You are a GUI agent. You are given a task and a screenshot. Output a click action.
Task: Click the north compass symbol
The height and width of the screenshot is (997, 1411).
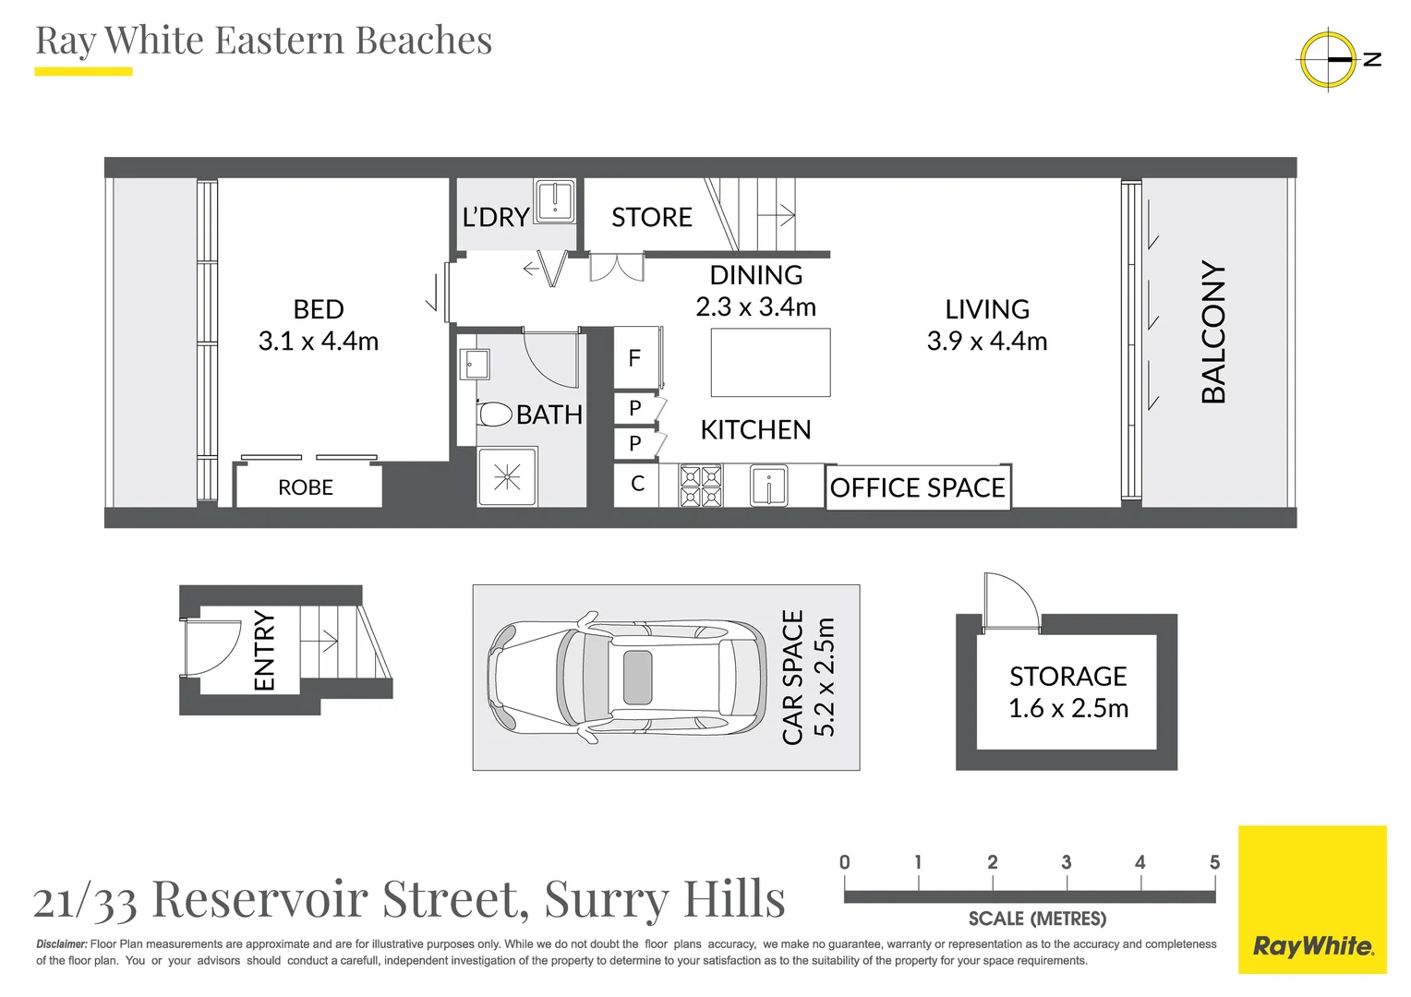point(1328,59)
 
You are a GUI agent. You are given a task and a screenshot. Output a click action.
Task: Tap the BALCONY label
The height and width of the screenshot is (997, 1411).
point(1213,332)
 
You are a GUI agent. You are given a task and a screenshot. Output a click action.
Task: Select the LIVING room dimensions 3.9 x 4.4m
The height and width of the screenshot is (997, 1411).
point(987,342)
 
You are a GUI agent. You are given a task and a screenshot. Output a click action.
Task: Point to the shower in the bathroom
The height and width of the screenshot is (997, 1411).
point(507,477)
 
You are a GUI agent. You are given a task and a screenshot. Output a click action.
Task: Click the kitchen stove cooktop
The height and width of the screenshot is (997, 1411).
point(701,486)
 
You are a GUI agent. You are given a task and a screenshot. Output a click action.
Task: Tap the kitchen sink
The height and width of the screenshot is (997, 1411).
point(768,486)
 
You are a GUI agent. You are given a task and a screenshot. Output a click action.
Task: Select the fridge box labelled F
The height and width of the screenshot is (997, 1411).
point(635,358)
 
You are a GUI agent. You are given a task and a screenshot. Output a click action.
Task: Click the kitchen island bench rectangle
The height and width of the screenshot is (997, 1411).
point(770,362)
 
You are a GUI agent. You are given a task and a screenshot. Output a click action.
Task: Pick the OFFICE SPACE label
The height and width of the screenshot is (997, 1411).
point(917,487)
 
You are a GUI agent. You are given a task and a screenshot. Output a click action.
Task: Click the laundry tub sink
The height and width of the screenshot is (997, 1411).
point(556,200)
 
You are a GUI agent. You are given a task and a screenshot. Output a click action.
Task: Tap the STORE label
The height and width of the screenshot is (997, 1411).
point(652,218)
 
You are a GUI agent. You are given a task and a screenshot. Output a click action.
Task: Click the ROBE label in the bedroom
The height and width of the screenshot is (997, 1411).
point(306,487)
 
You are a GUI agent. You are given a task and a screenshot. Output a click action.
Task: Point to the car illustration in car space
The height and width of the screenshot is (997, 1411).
point(626,678)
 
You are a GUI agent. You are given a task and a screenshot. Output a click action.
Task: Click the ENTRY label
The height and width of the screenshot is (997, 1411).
point(265,651)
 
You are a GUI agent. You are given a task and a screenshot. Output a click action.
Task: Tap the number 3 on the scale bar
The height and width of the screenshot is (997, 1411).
point(1067,862)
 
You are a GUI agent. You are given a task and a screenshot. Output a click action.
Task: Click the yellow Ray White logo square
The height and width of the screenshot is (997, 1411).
point(1312,899)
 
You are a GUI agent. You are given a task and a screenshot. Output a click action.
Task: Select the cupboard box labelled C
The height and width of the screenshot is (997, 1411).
point(637,484)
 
